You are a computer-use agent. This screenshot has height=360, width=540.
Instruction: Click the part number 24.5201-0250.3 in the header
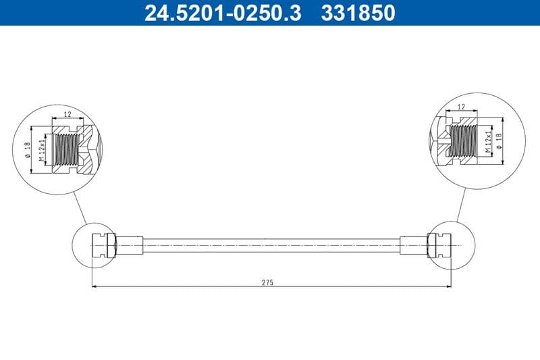click(x=223, y=13)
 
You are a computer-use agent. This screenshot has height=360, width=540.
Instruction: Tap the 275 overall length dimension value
click(x=267, y=282)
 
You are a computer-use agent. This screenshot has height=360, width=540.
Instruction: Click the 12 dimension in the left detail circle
click(x=67, y=115)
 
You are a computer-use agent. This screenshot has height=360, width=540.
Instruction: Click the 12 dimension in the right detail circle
click(x=461, y=107)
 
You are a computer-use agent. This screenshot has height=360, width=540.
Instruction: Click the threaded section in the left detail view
click(x=65, y=148)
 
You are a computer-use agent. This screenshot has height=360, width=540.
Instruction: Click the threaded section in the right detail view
click(x=463, y=140)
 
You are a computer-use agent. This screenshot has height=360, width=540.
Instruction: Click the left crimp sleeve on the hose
click(x=130, y=244)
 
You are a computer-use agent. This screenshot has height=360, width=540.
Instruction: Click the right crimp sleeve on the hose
click(x=413, y=244)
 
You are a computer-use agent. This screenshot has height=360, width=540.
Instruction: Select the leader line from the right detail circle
click(x=461, y=203)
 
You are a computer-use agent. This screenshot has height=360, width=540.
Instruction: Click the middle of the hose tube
click(x=270, y=244)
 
